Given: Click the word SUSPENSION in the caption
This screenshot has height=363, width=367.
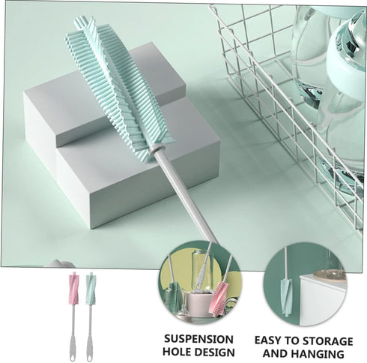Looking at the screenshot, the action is point(198,339).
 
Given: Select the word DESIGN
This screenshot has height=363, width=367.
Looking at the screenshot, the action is point(215,352).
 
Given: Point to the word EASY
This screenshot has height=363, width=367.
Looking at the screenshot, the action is point(268,340).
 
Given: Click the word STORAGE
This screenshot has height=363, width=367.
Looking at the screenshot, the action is point(327,340).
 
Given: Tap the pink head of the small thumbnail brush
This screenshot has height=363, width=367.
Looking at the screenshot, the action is point(74,288).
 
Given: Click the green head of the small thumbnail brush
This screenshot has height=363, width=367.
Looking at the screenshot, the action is point(91,288).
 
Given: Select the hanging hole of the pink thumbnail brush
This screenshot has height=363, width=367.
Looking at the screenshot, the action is point(72,355).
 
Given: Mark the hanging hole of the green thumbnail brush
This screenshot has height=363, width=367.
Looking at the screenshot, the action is point(89,355).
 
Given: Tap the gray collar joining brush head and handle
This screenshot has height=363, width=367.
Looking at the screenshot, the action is point(157,148).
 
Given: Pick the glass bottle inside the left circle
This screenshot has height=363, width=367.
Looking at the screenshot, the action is point(201,270).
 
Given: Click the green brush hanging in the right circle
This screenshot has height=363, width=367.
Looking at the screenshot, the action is point(286,297).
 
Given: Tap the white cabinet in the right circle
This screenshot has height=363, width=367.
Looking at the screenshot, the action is point(323,300).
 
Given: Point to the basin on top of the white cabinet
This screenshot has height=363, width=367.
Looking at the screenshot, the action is point(330,275).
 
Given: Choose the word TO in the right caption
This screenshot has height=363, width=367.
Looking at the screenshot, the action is point(292,340).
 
